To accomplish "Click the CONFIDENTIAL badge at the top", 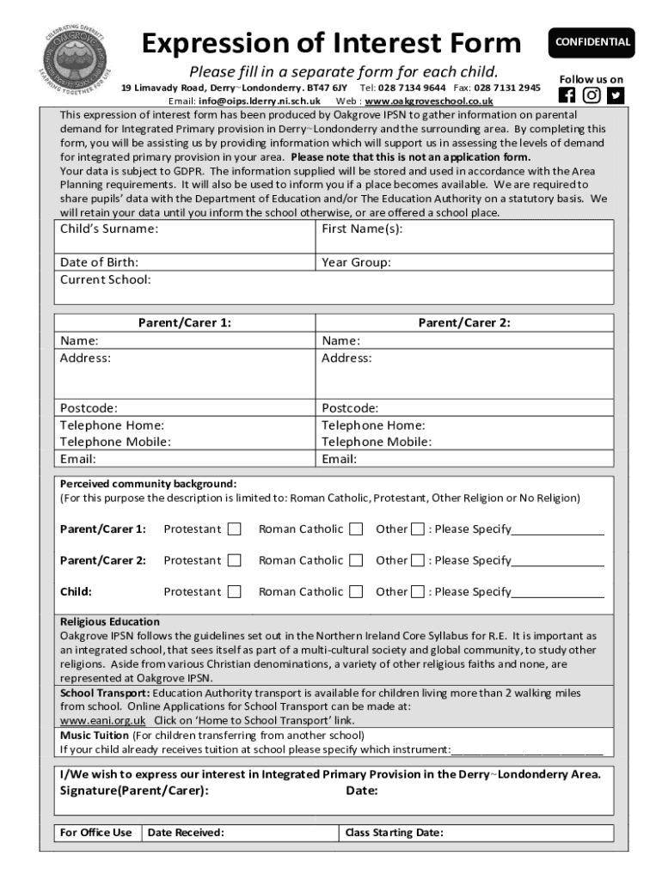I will point(592,42).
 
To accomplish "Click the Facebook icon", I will point(567,95).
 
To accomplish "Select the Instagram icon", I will point(592,95).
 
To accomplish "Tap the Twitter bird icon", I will point(616,95).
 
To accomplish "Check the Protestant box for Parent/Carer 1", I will point(234,529).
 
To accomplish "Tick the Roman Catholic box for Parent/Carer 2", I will point(356,560).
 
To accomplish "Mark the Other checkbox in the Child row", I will point(417,591).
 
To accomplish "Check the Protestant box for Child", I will point(234,591).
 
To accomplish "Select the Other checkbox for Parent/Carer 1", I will point(417,529).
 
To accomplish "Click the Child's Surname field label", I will point(108,229).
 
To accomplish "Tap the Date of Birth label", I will point(99,262).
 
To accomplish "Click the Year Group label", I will point(356,262).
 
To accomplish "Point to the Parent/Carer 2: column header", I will point(464,323).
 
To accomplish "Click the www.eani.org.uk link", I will point(102,720).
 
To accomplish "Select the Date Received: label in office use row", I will point(186,832).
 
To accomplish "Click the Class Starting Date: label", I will point(394,832).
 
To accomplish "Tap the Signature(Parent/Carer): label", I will point(133,791).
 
